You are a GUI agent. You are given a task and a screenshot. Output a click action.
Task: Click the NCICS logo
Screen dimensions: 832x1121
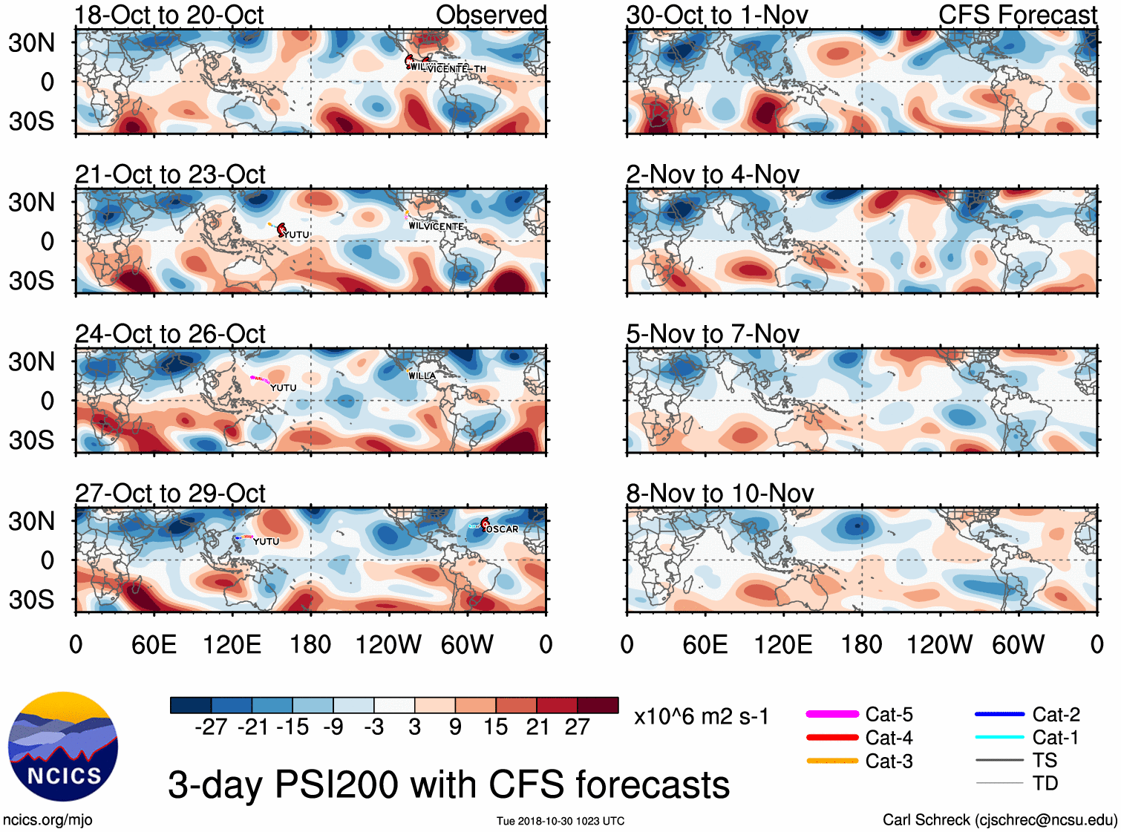pos(63,747)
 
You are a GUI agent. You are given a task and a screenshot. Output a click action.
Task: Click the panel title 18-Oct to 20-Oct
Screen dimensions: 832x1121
pos(169,15)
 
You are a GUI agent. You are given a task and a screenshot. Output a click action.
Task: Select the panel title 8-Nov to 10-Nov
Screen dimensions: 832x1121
pos(720,494)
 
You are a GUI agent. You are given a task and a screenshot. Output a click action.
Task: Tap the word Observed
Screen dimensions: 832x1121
pos(491,15)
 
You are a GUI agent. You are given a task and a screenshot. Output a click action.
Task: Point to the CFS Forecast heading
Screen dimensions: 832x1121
pos(1017,15)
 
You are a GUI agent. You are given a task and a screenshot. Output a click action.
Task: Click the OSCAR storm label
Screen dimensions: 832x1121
pos(503,529)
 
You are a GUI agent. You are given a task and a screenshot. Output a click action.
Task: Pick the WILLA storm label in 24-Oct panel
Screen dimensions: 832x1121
pos(422,376)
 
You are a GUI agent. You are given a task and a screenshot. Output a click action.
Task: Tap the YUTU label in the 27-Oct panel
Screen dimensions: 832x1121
pos(267,542)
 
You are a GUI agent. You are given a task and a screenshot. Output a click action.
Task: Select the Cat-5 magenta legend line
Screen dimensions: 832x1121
pos(832,714)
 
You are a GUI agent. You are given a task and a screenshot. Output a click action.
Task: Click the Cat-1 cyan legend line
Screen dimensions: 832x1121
pos(999,737)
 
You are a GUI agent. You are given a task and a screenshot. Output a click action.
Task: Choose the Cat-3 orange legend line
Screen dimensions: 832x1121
pos(832,761)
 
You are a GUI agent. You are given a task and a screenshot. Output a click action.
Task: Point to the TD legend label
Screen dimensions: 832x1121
pos(1045,783)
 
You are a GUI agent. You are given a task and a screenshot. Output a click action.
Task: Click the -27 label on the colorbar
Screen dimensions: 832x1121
pos(211,727)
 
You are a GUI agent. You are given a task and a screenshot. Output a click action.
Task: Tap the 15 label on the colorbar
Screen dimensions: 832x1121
pos(496,727)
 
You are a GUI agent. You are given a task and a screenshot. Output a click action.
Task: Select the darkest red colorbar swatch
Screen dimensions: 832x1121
pos(598,705)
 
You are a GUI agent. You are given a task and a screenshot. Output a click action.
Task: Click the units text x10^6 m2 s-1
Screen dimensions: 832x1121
pos(702,717)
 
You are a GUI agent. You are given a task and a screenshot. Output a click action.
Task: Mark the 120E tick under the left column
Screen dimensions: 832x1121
pos(232,644)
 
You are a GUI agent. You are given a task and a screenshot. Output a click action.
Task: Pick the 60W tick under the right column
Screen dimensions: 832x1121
pos(1018,644)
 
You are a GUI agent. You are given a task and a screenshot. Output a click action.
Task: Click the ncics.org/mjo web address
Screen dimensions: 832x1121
pos(48,819)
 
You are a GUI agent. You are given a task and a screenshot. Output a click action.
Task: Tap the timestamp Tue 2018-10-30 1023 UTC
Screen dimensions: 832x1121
pos(560,821)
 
